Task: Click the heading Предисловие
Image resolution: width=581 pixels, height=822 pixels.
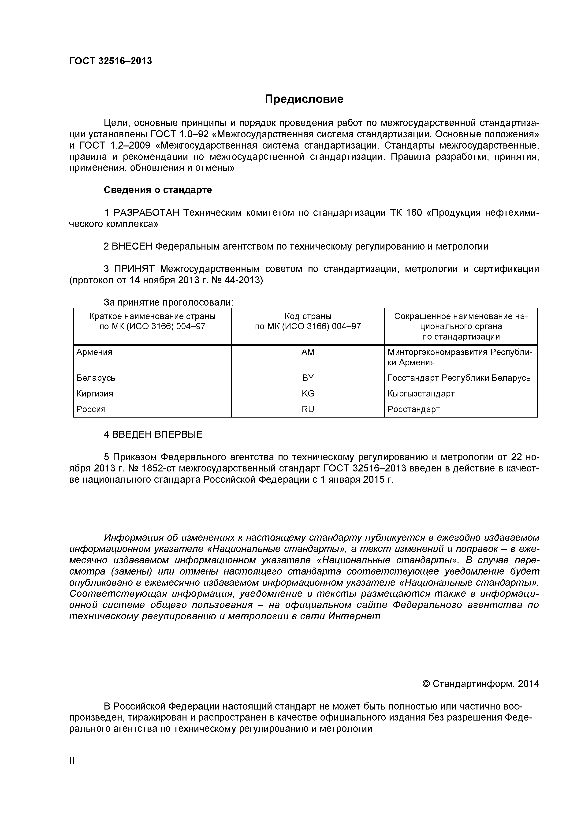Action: coord(304,99)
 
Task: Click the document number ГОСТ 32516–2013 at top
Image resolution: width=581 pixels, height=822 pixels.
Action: coord(110,61)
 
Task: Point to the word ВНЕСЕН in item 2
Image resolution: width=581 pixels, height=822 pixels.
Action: coord(132,247)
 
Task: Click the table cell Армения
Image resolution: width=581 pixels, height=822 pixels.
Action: coord(94,352)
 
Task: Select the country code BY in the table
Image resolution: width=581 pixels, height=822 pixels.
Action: coord(308,378)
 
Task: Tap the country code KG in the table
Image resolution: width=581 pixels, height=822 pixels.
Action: coord(308,394)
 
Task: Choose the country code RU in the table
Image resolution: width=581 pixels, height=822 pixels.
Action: coord(308,409)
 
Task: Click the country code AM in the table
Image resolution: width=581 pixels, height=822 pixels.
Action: coord(308,352)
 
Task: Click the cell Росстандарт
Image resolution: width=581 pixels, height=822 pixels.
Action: coord(413,409)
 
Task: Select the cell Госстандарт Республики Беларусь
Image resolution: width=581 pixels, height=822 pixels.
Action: coord(458,378)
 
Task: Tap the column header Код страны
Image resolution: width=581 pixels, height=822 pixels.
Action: coord(308,317)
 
